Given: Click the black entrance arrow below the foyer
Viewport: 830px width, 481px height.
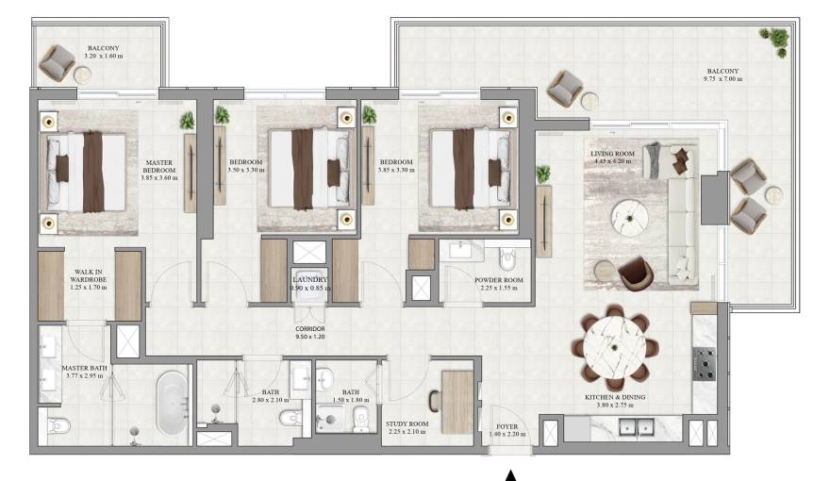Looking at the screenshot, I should point(511,473).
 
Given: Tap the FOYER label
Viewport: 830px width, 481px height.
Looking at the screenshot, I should point(506,426).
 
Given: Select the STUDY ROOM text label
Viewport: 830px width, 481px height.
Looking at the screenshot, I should point(407,425).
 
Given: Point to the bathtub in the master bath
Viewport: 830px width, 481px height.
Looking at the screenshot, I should point(171,404).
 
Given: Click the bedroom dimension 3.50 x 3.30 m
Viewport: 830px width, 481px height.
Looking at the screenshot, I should point(247,171).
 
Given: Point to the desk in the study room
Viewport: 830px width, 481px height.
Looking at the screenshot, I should point(457,401).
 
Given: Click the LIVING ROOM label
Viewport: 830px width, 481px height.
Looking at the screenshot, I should point(612,153).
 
